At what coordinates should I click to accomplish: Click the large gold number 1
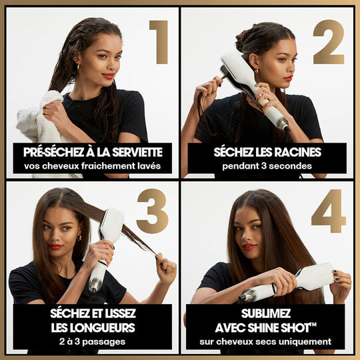[159, 41]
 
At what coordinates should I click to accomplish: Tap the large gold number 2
[328, 41]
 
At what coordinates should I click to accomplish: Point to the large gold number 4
[328, 211]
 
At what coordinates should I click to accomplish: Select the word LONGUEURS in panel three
[93, 327]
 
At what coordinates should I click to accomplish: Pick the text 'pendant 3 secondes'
[267, 165]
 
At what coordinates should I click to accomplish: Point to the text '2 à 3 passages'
[92, 341]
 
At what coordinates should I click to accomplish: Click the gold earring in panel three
[79, 237]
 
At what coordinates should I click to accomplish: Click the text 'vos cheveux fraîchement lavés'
[92, 165]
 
